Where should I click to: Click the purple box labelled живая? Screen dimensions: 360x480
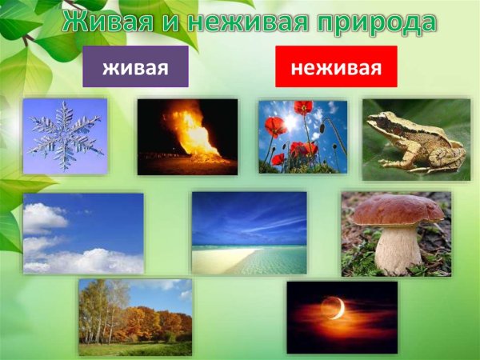click(x=135, y=67)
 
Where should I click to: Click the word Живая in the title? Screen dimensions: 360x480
click(x=102, y=22)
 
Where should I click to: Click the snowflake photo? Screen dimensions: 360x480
click(x=65, y=136)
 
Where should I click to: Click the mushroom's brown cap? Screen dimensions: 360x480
click(x=398, y=210)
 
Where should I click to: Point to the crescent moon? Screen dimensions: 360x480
click(x=335, y=308)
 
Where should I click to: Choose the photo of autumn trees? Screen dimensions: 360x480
click(x=135, y=317)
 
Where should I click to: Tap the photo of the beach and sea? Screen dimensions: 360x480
click(x=249, y=233)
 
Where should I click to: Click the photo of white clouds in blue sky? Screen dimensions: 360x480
click(x=83, y=233)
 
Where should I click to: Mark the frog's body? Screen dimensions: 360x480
click(x=420, y=140)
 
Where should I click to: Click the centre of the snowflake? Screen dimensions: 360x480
click(x=65, y=134)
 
